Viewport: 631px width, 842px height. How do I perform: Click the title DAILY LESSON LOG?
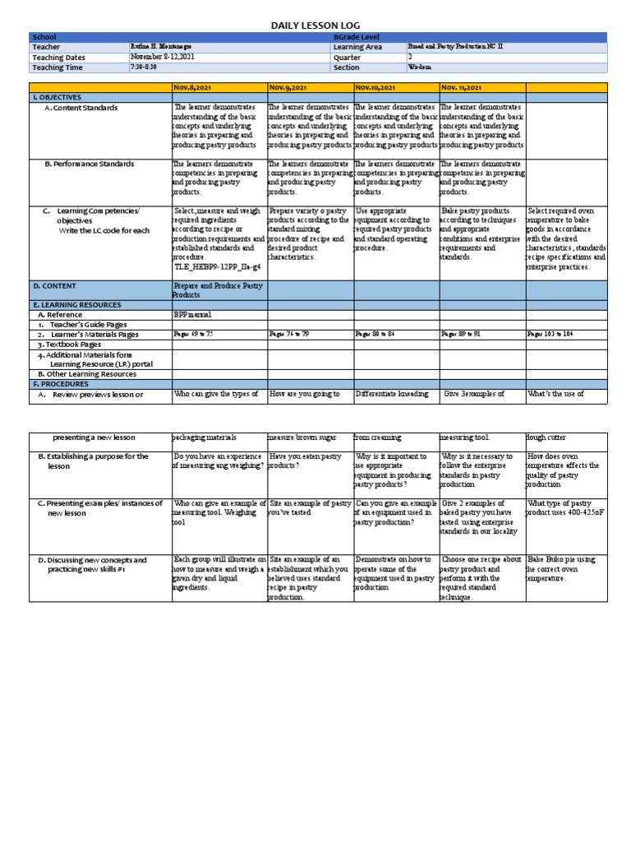coord(315,26)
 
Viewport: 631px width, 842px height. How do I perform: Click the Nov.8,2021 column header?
coord(194,87)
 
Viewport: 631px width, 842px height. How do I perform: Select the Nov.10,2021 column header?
coord(375,87)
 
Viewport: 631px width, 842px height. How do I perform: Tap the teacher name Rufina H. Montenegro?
coord(165,47)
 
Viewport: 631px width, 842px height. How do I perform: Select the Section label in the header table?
coord(347,67)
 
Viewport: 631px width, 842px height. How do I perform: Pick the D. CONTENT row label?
coord(55,286)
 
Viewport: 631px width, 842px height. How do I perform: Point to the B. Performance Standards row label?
coord(89,164)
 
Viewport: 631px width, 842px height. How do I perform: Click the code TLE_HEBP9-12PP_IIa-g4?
coord(218,266)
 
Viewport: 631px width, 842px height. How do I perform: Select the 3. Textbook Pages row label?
coord(69,345)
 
